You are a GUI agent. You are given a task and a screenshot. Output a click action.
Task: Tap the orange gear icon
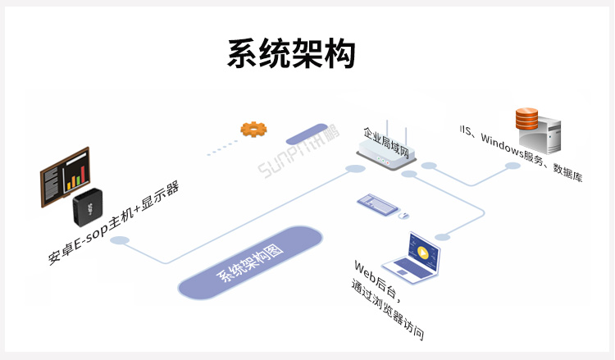(253, 129)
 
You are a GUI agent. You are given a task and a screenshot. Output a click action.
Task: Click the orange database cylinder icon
(526, 120)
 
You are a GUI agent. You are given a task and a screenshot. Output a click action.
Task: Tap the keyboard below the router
(377, 202)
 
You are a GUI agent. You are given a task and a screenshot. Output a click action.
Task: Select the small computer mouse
(403, 216)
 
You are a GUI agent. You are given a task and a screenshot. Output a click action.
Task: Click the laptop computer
(417, 257)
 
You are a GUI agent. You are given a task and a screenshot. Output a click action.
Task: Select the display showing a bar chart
(66, 175)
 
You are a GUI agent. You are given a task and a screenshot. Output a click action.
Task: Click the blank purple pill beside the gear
(306, 134)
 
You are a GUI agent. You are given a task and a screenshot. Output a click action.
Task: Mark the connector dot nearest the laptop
(443, 237)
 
